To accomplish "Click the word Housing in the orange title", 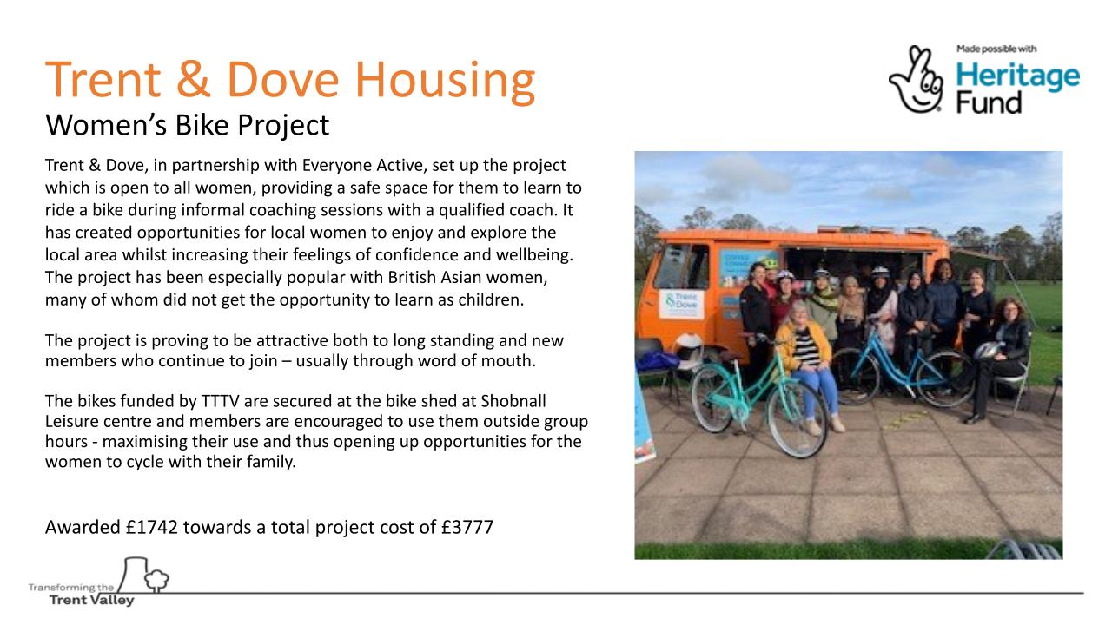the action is [446, 82].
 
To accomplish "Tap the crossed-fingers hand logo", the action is [917, 79].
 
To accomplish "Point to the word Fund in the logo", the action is [989, 102].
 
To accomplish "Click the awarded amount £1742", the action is [151, 527].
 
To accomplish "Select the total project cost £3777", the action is [467, 527].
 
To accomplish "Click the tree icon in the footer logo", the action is [156, 580].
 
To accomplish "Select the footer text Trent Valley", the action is [92, 600].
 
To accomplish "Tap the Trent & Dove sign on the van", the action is [682, 304].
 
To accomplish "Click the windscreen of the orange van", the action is [682, 266].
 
